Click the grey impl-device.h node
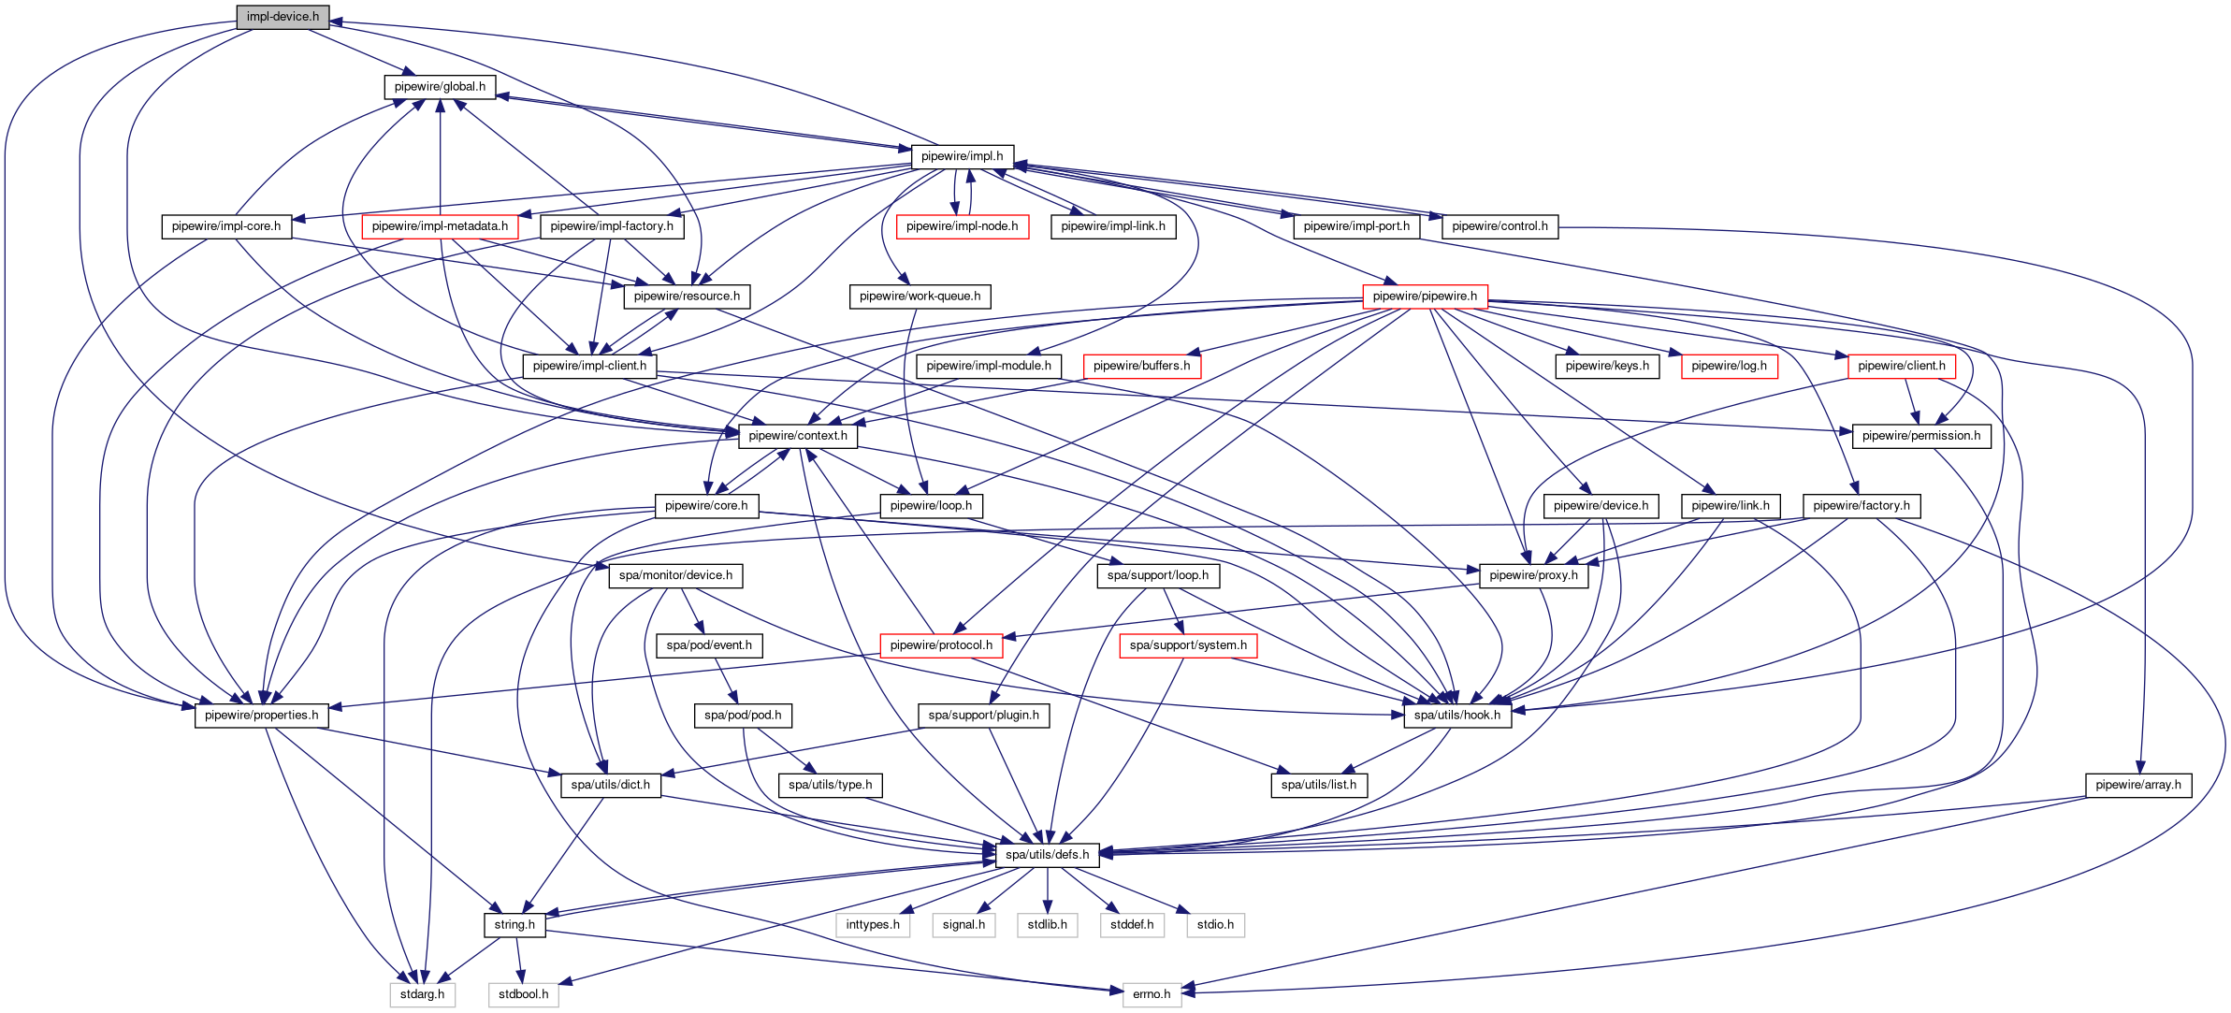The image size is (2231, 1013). tap(282, 17)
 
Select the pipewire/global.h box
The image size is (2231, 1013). tap(440, 87)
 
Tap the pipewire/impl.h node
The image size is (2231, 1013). tap(962, 156)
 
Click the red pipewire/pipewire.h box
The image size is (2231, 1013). tap(1425, 297)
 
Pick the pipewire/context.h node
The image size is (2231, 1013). tap(798, 436)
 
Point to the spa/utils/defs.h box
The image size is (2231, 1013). tap(1047, 855)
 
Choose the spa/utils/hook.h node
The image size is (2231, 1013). tap(1456, 716)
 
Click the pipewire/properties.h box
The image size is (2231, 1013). tap(261, 716)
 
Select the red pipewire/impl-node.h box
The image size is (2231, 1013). tap(962, 226)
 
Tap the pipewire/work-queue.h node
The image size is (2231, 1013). tap(920, 297)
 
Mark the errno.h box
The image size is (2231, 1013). tap(1152, 994)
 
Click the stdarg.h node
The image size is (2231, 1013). tap(422, 994)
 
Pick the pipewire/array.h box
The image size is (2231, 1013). tap(2137, 785)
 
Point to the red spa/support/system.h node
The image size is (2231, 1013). tap(1188, 645)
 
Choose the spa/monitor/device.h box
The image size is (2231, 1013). tap(675, 575)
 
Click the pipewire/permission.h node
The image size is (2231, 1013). tap(1921, 436)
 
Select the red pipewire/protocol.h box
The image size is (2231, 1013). tap(941, 645)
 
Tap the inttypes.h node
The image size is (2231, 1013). tap(873, 925)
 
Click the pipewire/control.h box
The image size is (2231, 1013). tap(1499, 226)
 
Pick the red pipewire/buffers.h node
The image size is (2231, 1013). tap(1141, 366)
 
